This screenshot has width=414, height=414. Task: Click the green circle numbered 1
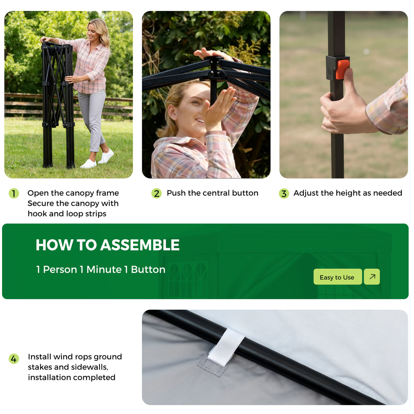pyautogui.click(x=14, y=194)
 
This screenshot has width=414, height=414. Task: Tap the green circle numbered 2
pyautogui.click(x=156, y=194)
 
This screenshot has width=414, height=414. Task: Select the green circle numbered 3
pyautogui.click(x=284, y=194)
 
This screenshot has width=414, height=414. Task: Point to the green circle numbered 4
pyautogui.click(x=14, y=359)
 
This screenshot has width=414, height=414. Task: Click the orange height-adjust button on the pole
pyautogui.click(x=342, y=69)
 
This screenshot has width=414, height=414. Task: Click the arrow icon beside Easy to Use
pyautogui.click(x=372, y=277)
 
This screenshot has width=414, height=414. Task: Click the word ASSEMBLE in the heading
pyautogui.click(x=140, y=245)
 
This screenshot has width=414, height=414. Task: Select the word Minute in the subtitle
pyautogui.click(x=104, y=270)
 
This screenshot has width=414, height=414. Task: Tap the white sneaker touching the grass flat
pyautogui.click(x=89, y=164)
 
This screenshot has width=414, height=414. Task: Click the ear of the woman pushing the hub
pyautogui.click(x=172, y=112)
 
